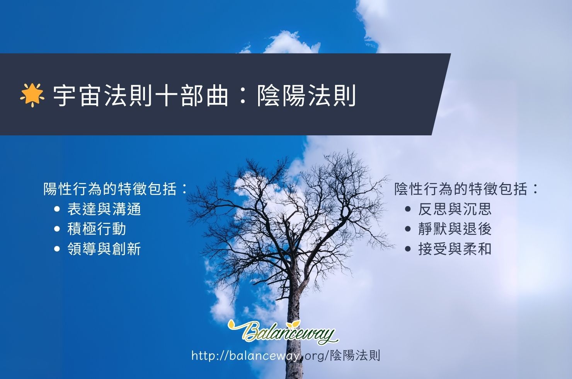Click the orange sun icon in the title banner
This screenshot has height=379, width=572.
32,95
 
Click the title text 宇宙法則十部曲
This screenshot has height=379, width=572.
141,96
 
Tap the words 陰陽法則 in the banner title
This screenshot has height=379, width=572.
306,96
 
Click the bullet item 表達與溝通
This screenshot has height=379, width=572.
104,209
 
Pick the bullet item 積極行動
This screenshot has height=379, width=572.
97,229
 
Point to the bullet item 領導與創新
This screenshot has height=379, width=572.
104,249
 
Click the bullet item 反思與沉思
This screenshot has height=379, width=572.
455,209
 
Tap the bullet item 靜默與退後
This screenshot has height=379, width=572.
455,229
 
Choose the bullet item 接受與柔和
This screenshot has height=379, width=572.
455,249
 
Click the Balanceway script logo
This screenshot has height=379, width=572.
283,331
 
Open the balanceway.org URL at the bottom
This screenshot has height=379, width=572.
286,355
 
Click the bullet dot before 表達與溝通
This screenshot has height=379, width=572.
57,209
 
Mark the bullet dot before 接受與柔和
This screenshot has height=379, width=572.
408,249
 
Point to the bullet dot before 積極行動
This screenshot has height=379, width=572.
57,229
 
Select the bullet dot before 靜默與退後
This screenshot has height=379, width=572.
408,229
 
